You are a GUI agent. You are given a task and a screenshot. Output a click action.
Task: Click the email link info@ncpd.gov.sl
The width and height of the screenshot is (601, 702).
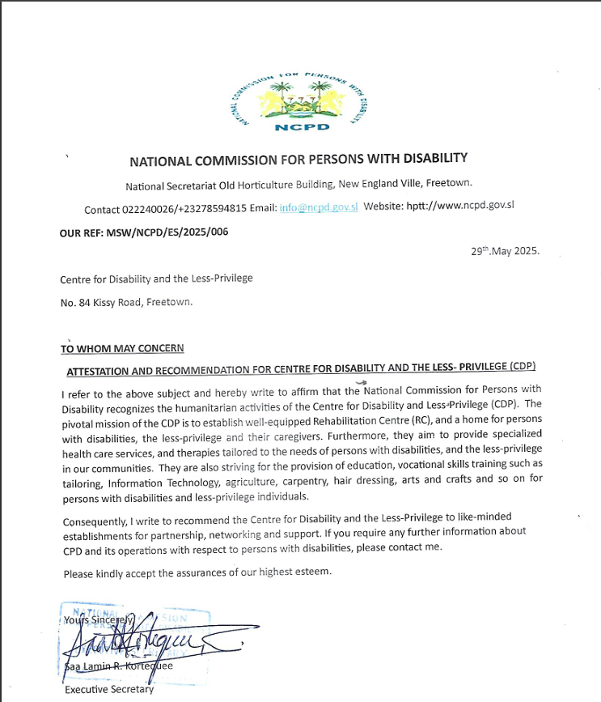[319, 207]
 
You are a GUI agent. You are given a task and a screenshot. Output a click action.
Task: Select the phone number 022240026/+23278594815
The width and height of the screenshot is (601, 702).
[185, 209]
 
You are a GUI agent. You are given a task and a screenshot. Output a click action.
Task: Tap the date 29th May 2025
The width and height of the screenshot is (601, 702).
[505, 251]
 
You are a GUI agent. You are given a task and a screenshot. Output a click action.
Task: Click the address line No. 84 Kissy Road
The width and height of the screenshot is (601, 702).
[127, 302]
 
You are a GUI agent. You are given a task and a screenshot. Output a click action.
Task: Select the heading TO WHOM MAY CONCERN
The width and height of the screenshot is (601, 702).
[122, 348]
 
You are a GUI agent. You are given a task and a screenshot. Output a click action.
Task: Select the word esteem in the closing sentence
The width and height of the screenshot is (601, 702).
[313, 572]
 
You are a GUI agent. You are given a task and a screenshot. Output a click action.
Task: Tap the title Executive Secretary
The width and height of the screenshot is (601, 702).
[109, 690]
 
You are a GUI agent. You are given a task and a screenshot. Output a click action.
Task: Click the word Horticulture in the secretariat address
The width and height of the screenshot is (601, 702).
[270, 183]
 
